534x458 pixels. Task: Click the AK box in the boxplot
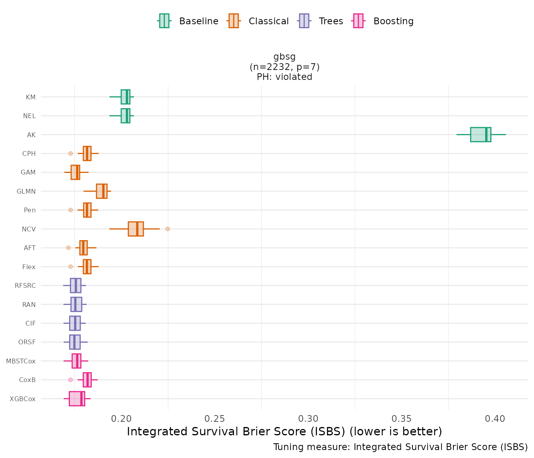pos(480,134)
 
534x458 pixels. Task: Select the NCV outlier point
pos(168,229)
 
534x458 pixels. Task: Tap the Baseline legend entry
pos(188,21)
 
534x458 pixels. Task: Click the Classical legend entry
pos(258,21)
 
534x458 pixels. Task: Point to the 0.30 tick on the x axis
pos(308,419)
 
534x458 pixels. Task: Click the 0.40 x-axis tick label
pos(495,419)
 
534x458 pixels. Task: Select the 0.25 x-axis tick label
pos(215,419)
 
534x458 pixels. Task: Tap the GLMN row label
pos(26,191)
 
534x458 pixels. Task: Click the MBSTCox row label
pos(21,361)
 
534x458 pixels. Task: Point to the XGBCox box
pos(77,399)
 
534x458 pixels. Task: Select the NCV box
pos(135,229)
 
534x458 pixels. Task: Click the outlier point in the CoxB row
pos(71,380)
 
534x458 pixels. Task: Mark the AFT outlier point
pos(68,248)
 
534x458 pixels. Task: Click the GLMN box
pos(101,191)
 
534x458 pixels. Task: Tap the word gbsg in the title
pos(284,56)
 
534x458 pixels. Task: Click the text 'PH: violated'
pos(284,77)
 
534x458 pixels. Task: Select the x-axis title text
pos(284,431)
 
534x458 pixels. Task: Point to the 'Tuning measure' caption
pos(400,447)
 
